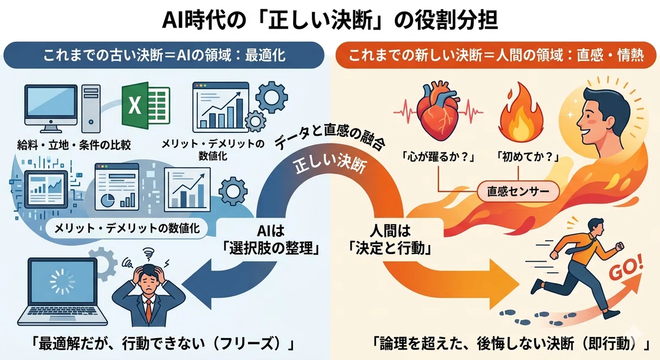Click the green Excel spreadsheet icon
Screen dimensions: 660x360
click(146, 106)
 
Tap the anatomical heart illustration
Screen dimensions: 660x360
click(438, 111)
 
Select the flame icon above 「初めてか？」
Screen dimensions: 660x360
click(521, 113)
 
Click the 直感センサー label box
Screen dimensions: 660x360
click(518, 191)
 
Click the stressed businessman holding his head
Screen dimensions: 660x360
click(148, 295)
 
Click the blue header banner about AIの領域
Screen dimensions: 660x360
click(164, 55)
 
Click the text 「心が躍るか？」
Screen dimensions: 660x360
click(438, 157)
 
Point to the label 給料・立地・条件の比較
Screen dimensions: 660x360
click(74, 145)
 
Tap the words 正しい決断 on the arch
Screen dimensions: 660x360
click(331, 164)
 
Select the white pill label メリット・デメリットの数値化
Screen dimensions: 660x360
click(127, 229)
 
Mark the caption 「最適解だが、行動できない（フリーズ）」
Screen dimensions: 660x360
click(163, 344)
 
